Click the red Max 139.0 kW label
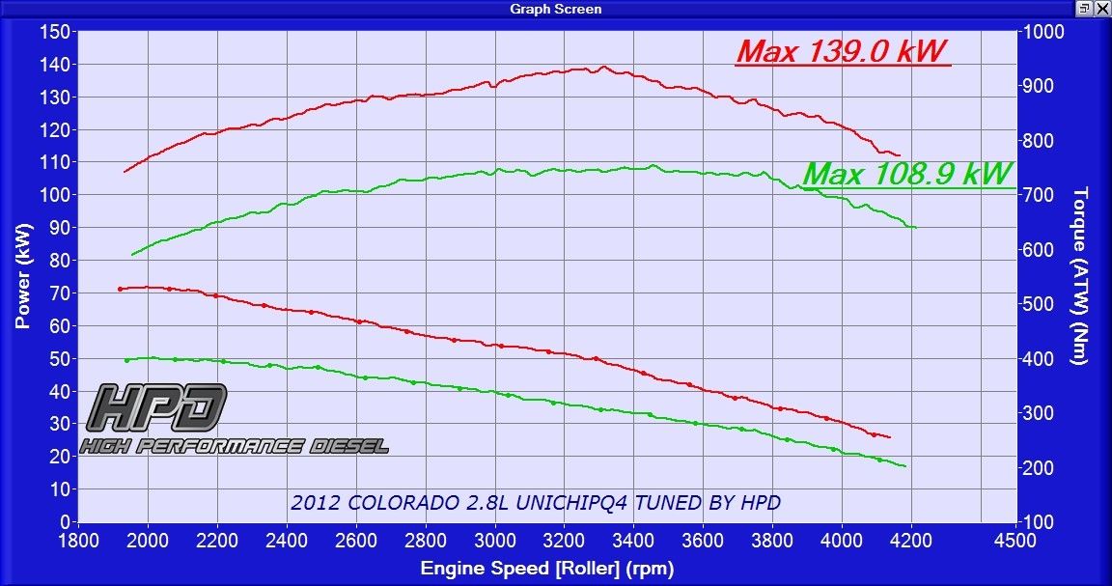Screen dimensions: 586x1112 pyautogui.click(x=841, y=51)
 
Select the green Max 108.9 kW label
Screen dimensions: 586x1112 pyautogui.click(x=907, y=174)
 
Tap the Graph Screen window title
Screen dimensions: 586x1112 pyautogui.click(x=555, y=9)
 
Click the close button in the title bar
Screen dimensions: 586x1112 pyautogui.click(x=1101, y=9)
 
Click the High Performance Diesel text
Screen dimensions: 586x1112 pyautogui.click(x=235, y=445)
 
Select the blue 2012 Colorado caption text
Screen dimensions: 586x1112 pyautogui.click(x=535, y=503)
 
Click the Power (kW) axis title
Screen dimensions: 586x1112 pyautogui.click(x=23, y=276)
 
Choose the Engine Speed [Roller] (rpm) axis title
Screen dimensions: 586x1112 pyautogui.click(x=546, y=569)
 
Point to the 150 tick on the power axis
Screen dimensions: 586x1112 pyautogui.click(x=54, y=32)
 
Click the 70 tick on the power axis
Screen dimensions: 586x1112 pyautogui.click(x=59, y=293)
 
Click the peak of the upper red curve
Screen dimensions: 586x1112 pyautogui.click(x=604, y=67)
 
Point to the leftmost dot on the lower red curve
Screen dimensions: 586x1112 pyautogui.click(x=121, y=289)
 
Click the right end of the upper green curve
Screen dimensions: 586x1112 pyautogui.click(x=913, y=228)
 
